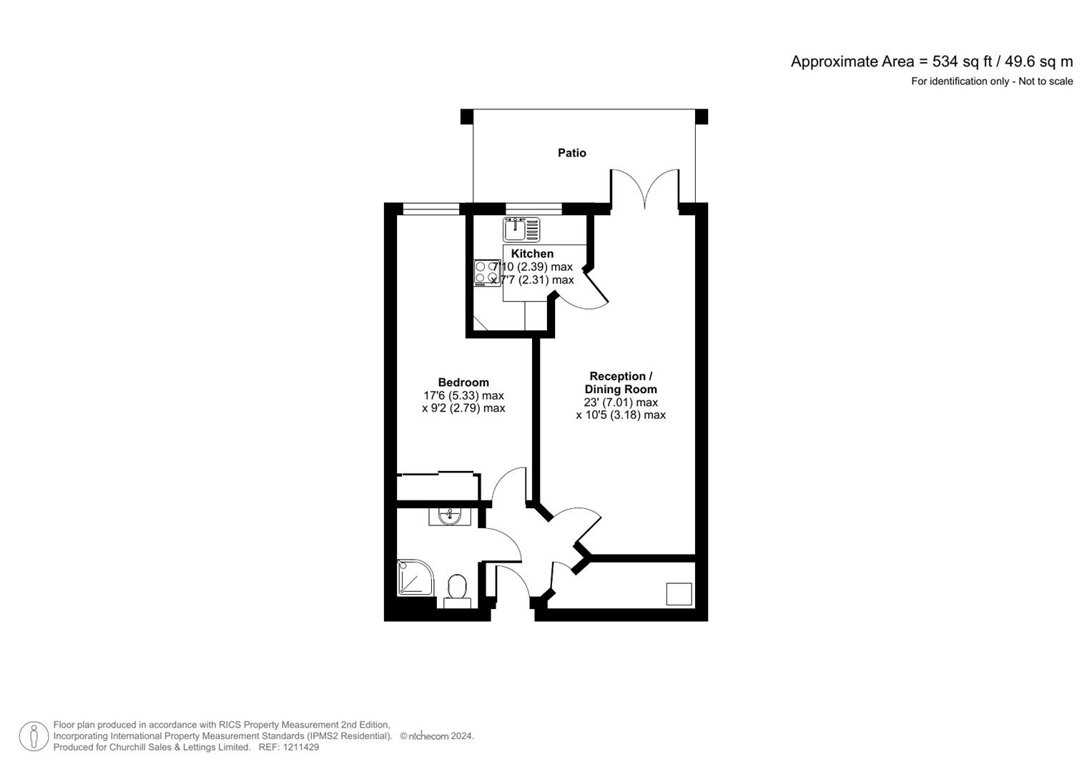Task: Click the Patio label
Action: [x=571, y=153]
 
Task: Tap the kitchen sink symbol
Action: [x=521, y=229]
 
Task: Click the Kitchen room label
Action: [x=532, y=254]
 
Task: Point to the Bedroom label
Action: [x=463, y=382]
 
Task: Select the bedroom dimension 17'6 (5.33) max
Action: [x=463, y=395]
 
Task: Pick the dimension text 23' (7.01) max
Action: [x=620, y=402]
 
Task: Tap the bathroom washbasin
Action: [x=450, y=515]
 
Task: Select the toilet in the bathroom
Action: [x=456, y=590]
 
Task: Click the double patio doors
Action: [x=644, y=189]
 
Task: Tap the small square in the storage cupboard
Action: [x=679, y=594]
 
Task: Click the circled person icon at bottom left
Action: [x=34, y=736]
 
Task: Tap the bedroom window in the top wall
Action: [x=431, y=209]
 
